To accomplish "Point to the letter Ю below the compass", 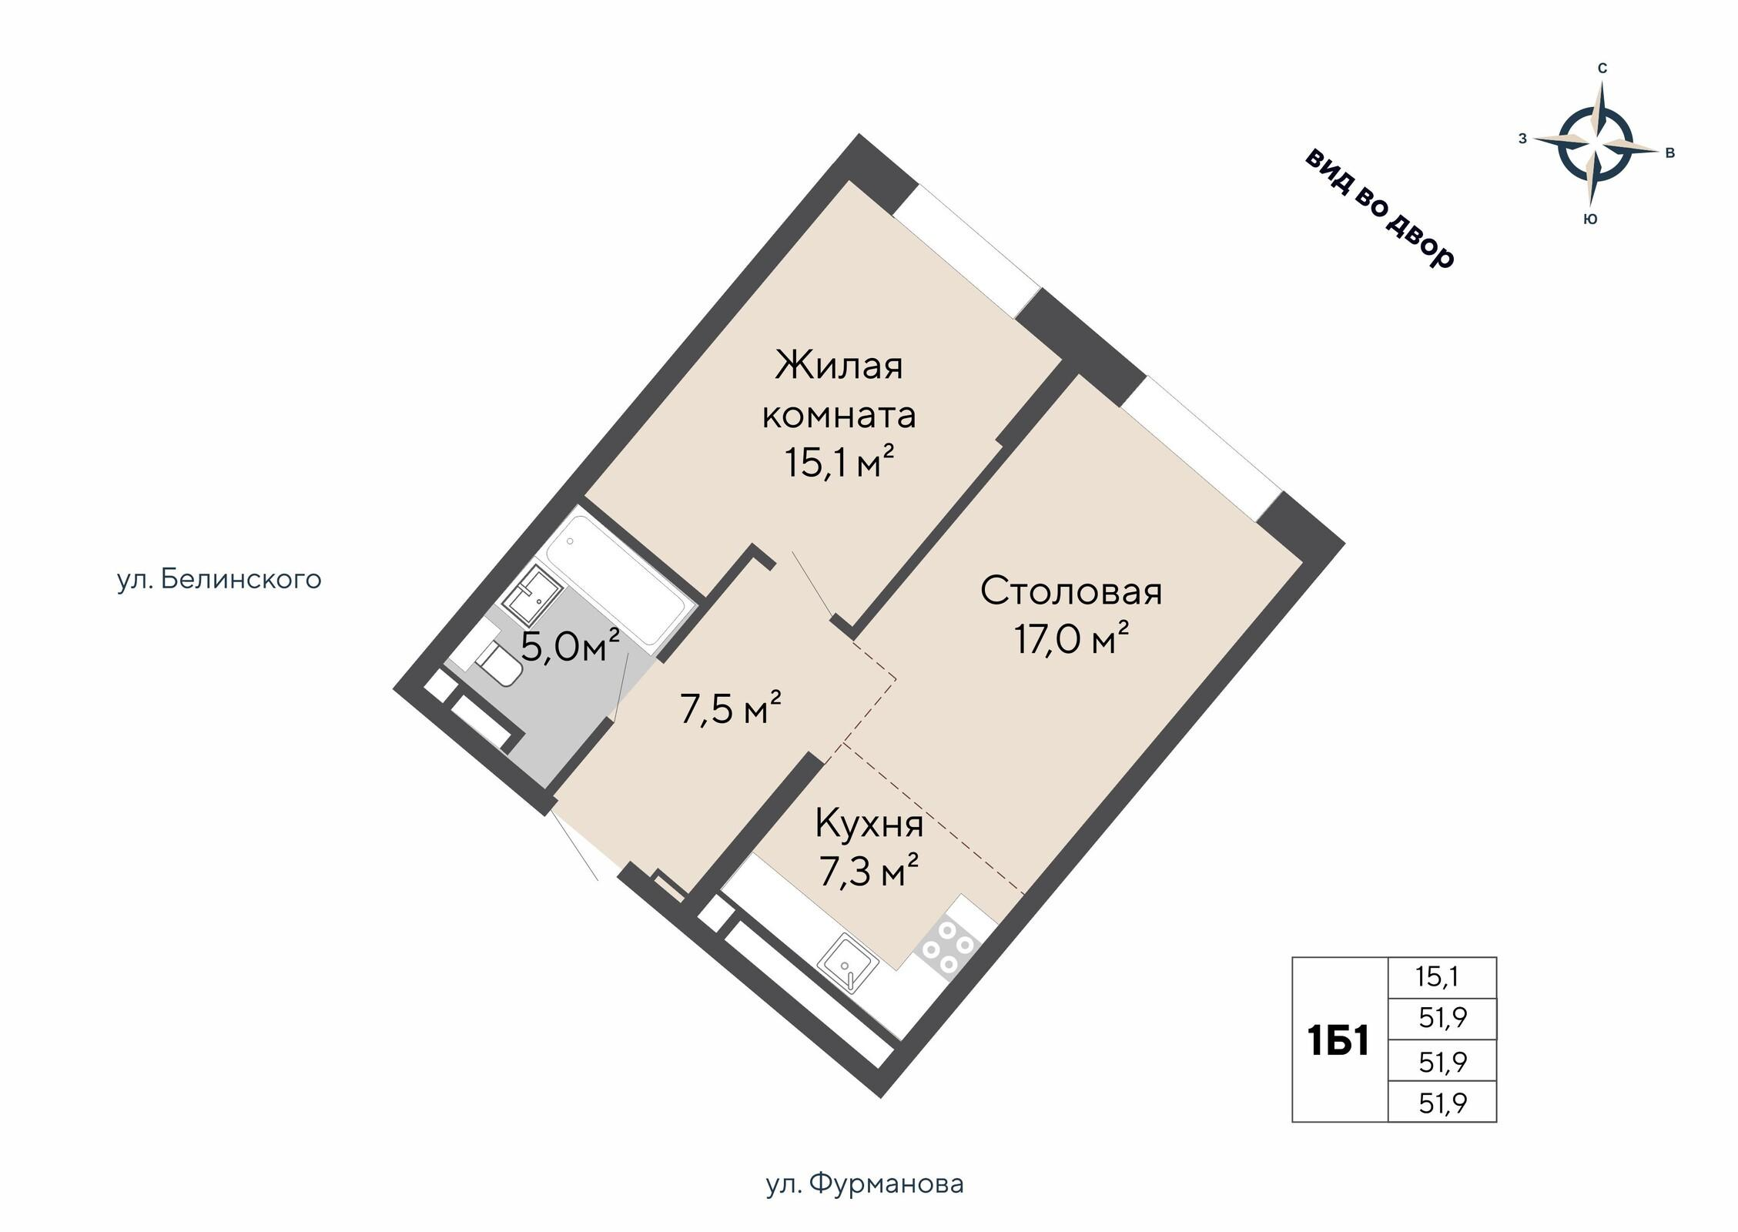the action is pyautogui.click(x=1590, y=219).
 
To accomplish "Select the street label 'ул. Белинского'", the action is pyautogui.click(x=219, y=580).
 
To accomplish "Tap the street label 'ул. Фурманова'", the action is pyautogui.click(x=865, y=1183).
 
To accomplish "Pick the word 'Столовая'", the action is pyautogui.click(x=1071, y=591).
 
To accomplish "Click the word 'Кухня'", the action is pyautogui.click(x=869, y=825).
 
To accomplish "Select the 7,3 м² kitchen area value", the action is pyautogui.click(x=869, y=873).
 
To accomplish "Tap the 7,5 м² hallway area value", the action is pyautogui.click(x=731, y=708).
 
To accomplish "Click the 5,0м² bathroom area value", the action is pyautogui.click(x=571, y=646).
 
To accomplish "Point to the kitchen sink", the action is pyautogui.click(x=847, y=965).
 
